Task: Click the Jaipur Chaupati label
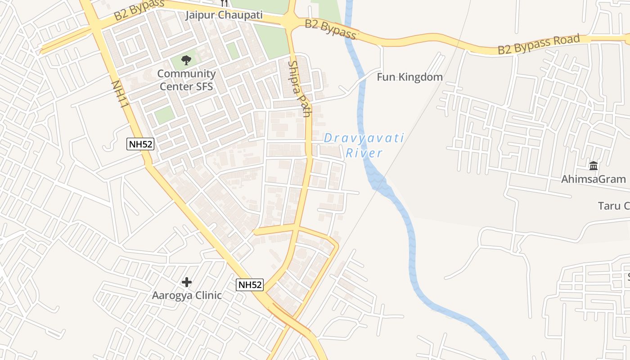(x=224, y=15)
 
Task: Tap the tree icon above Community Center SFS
(x=186, y=60)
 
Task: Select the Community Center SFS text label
(x=186, y=80)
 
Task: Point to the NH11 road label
(x=120, y=94)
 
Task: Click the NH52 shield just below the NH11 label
(x=140, y=144)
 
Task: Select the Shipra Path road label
(x=299, y=89)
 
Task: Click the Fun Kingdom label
(x=409, y=77)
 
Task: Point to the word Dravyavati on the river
(x=364, y=138)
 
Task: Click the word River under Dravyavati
(x=364, y=153)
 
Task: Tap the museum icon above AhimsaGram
(x=593, y=166)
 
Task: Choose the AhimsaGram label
(x=593, y=179)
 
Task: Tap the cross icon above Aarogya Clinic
(x=186, y=282)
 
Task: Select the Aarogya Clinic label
(x=186, y=296)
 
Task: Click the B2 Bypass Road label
(x=539, y=44)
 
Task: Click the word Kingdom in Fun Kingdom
(x=422, y=77)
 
